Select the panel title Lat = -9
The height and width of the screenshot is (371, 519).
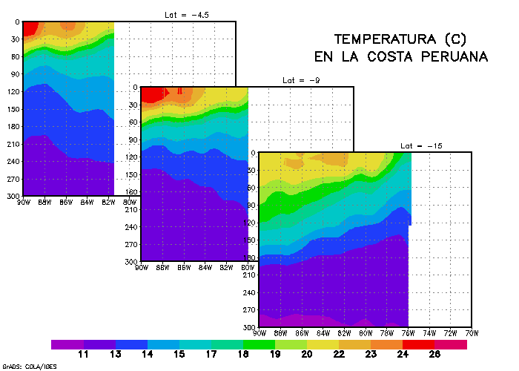[299, 79]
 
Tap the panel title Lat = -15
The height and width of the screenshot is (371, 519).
[420, 146]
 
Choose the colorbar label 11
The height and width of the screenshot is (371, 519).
[83, 355]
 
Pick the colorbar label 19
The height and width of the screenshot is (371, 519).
[274, 355]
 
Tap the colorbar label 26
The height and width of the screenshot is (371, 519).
[435, 355]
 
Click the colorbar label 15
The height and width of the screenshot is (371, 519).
[179, 355]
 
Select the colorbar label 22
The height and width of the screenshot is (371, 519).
[339, 355]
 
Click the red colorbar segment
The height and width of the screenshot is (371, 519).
[419, 344]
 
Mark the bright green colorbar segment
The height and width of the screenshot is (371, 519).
[259, 344]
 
